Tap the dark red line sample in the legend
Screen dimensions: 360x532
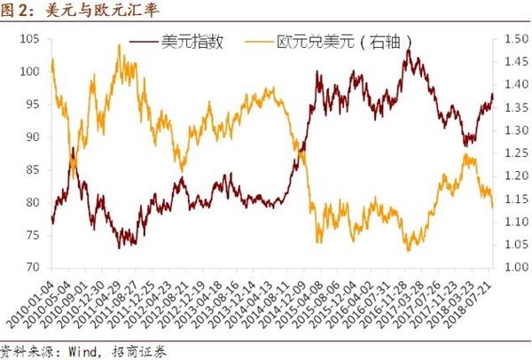click(x=145, y=42)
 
